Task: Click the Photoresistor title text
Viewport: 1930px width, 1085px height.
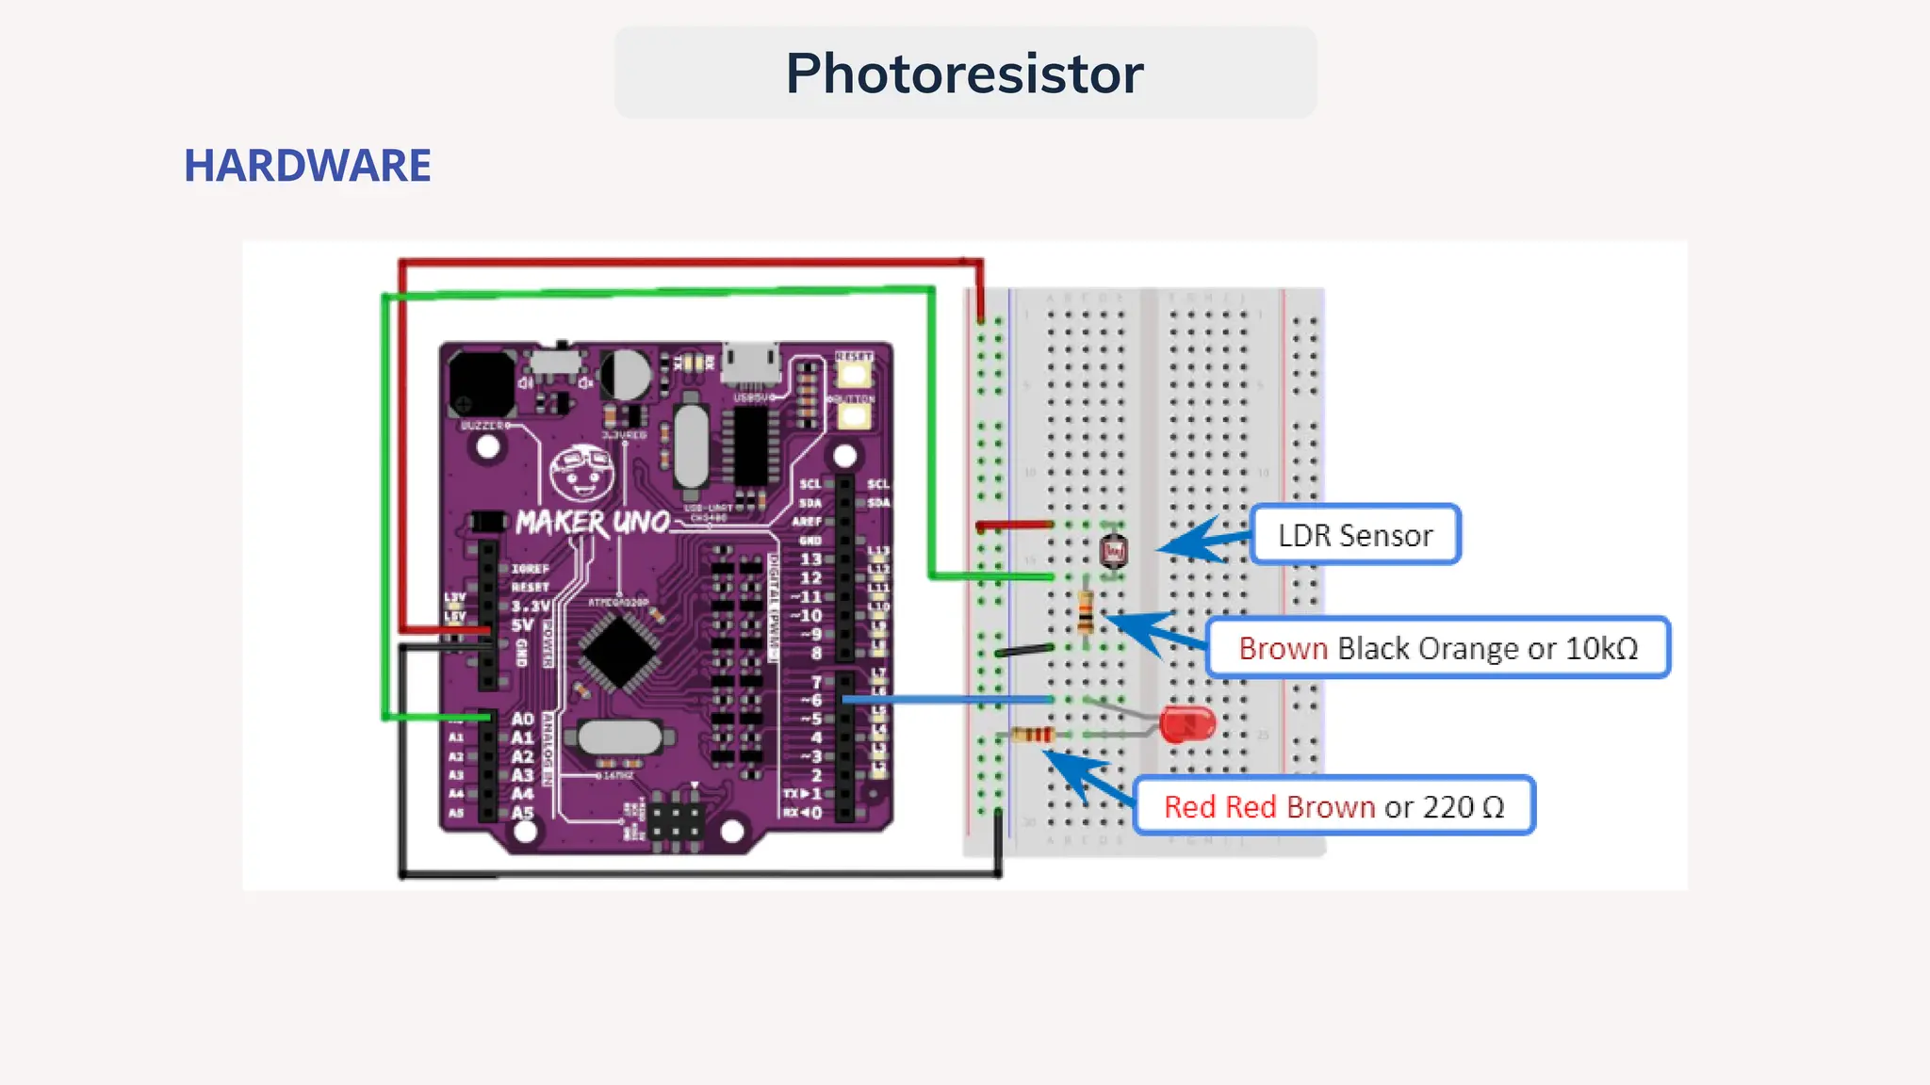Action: (x=964, y=73)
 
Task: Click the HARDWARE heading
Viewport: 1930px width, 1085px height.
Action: (x=307, y=166)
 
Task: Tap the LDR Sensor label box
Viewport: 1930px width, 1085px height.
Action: (x=1354, y=535)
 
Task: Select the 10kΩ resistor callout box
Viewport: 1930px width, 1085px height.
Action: (x=1437, y=648)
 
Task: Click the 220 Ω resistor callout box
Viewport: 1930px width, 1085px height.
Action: (x=1333, y=806)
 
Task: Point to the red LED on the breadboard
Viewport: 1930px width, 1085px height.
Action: (x=1186, y=723)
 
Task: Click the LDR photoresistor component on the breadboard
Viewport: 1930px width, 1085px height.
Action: (x=1113, y=551)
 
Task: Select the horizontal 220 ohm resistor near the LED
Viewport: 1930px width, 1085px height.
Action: (x=1032, y=735)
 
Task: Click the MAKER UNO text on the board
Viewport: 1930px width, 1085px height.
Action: (x=592, y=523)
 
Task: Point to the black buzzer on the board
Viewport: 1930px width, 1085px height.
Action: (x=482, y=383)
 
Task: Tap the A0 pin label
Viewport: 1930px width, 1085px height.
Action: (x=522, y=719)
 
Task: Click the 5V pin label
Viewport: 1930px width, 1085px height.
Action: (x=522, y=625)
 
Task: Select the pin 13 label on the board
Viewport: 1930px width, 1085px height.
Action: (x=810, y=559)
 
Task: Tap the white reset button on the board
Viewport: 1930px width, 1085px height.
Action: (x=854, y=374)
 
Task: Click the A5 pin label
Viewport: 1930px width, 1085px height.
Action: (x=522, y=812)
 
